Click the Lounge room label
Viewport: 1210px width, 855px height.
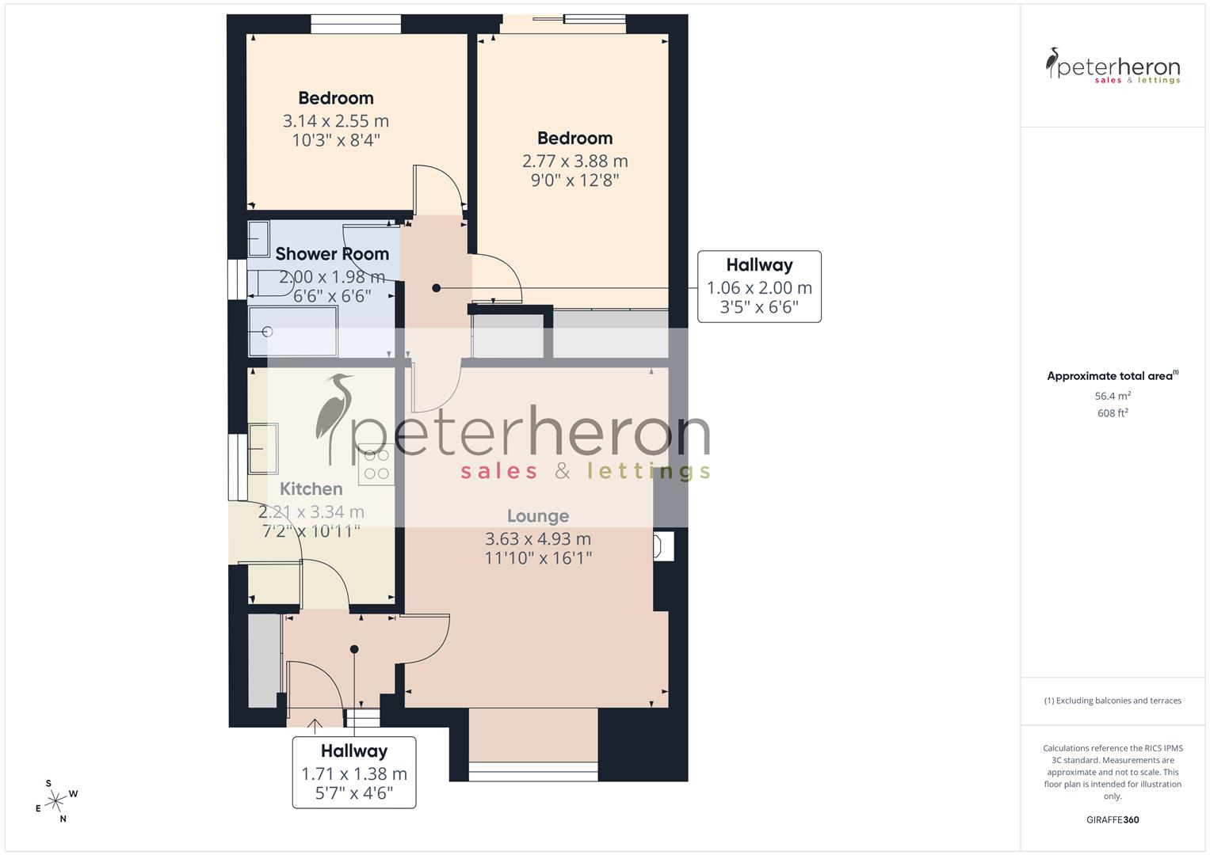[x=537, y=516]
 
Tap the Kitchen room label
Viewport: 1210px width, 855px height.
[x=311, y=489]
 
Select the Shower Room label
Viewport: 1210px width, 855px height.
[x=332, y=254]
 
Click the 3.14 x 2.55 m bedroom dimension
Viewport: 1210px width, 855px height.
[x=335, y=121]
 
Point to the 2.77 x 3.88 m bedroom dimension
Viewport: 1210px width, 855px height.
[x=574, y=161]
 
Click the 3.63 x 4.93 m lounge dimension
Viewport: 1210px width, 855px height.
[x=537, y=539]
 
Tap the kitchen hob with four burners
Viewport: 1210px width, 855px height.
[x=376, y=464]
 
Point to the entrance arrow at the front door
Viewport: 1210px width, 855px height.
[x=315, y=724]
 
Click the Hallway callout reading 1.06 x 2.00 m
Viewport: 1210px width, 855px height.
[x=758, y=287]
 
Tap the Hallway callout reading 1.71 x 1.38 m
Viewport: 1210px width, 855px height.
[x=353, y=772]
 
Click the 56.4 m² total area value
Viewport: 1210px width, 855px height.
[x=1113, y=396]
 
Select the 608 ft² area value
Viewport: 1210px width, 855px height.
[x=1113, y=413]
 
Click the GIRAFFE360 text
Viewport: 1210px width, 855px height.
[x=1113, y=819]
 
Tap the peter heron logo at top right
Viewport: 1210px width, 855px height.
[x=1113, y=66]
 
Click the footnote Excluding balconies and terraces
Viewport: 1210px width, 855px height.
[x=1113, y=701]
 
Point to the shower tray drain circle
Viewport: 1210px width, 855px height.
[x=268, y=332]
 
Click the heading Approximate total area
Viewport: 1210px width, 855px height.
[x=1111, y=376]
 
